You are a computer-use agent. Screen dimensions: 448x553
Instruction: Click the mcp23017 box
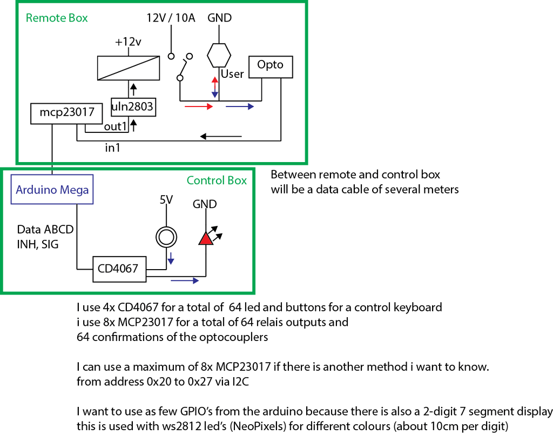pos(63,113)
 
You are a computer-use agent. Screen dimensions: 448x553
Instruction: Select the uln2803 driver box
pos(133,107)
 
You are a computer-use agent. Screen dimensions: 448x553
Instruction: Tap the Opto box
pos(270,66)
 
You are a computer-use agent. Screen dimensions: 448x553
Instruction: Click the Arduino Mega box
pos(52,190)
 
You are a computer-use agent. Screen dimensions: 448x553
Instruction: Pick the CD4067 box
pos(119,269)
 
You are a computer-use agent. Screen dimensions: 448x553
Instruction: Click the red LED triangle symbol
pos(206,238)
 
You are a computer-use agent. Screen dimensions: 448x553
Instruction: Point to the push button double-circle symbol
pos(165,236)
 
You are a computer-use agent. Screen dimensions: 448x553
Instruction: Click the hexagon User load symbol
pos(219,55)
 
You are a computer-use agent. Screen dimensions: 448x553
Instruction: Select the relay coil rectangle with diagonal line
pos(129,68)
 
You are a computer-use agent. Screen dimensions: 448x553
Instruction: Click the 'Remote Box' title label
pos(57,18)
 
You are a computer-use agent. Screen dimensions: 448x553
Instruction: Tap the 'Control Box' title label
pos(217,180)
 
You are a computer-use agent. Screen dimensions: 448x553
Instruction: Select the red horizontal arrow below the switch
pos(199,107)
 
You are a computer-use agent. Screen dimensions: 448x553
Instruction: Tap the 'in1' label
pos(113,148)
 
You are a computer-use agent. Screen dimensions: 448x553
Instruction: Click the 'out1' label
pos(114,127)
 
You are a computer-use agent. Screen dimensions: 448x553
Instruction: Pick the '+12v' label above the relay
pos(128,42)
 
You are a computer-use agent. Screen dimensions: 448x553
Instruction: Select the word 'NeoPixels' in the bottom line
pos(261,426)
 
